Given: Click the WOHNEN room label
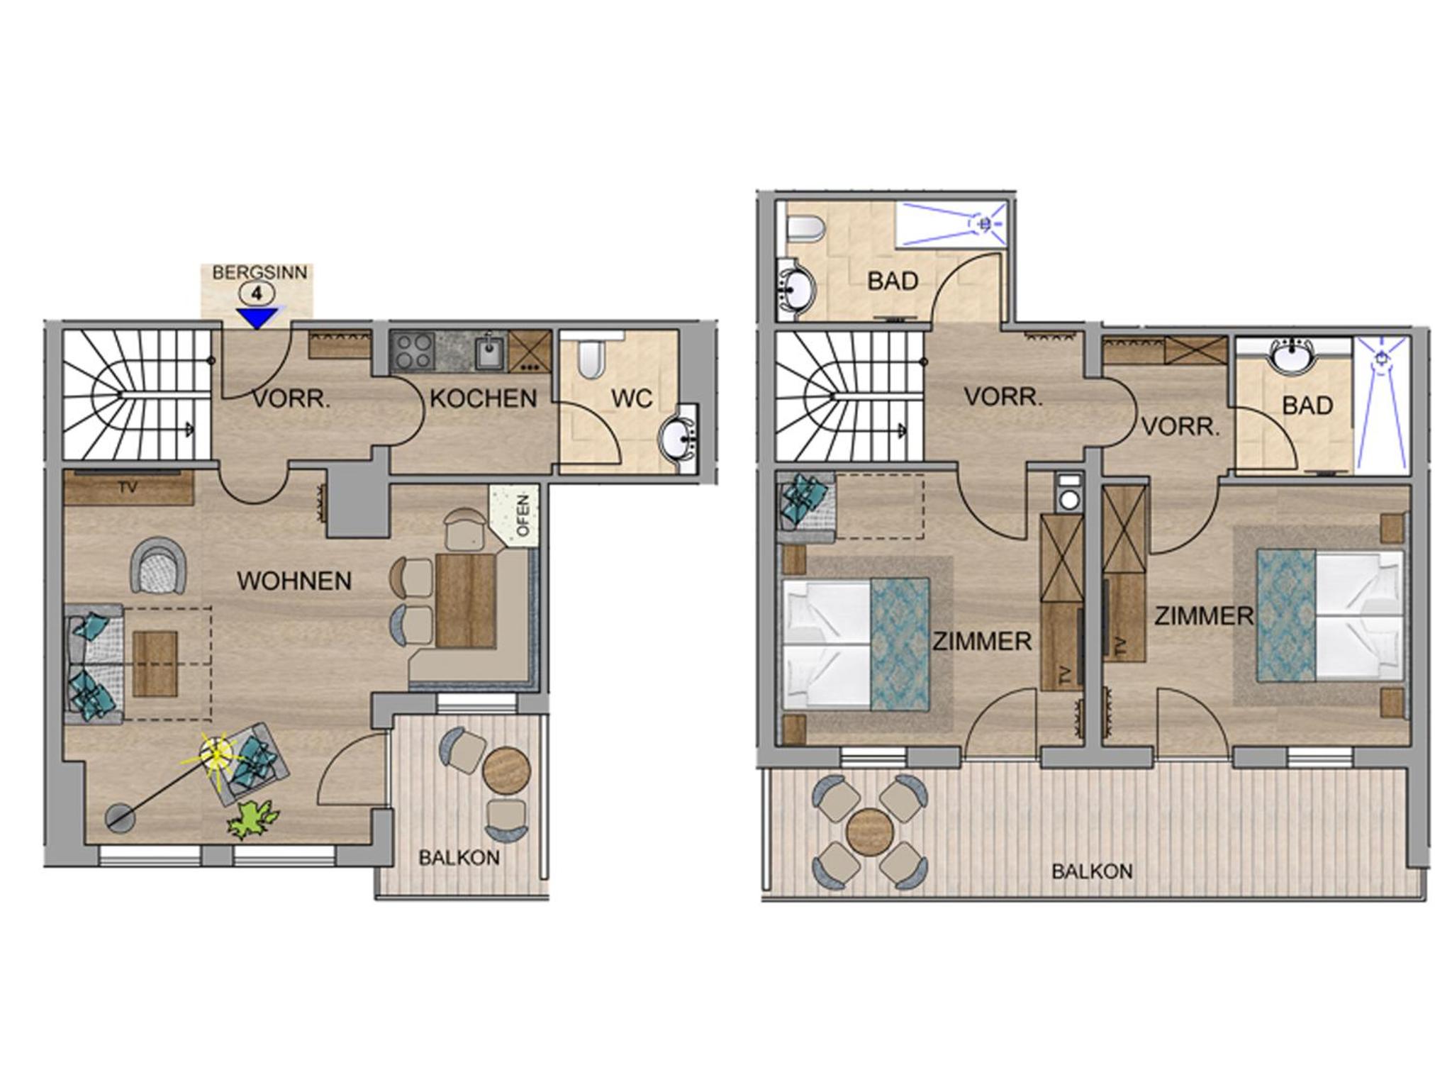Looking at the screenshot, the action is point(294,581).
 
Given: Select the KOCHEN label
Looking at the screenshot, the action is point(484,398).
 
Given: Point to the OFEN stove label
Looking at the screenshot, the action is point(523,515).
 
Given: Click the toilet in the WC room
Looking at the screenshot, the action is point(590,360).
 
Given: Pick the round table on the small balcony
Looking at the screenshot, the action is point(506,771).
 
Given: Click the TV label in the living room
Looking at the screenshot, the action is point(128,487).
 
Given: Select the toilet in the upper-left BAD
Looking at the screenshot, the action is point(805,230).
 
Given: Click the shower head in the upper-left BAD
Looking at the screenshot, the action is point(984,223).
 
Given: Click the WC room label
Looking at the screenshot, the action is point(632,398).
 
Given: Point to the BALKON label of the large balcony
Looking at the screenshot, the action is point(1092,871).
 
